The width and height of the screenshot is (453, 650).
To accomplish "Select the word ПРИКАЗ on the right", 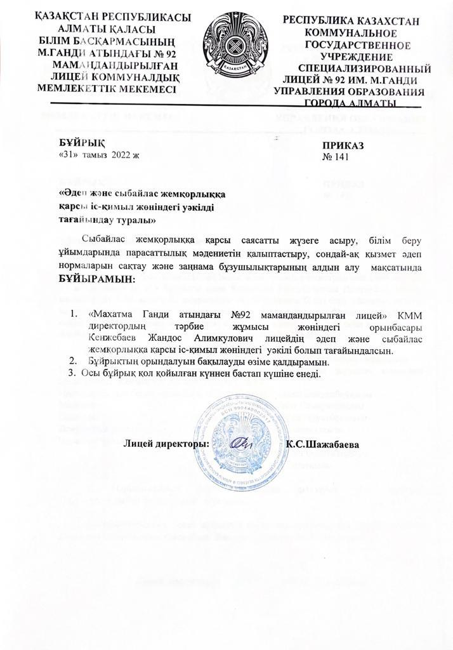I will (x=343, y=146).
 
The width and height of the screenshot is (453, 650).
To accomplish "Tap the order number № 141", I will (x=337, y=157).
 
